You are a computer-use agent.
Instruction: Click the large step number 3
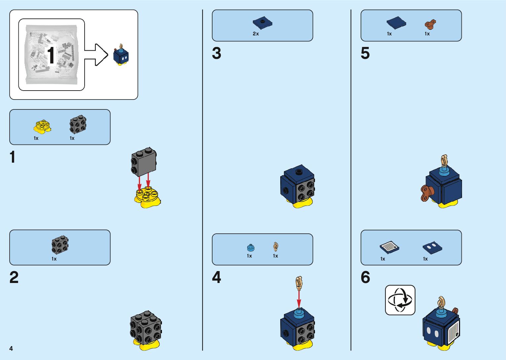216,54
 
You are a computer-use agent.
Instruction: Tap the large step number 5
365,54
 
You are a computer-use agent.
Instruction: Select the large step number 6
365,277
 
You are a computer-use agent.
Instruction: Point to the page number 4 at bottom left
11,348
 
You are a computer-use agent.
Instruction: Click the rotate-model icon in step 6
400,300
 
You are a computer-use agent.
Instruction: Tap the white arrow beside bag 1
96,55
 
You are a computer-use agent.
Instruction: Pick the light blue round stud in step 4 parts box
251,247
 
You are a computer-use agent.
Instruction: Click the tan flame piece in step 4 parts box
276,247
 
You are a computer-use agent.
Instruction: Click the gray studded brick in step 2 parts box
60,245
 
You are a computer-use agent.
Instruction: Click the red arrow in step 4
299,299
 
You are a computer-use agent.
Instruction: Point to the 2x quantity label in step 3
256,34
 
